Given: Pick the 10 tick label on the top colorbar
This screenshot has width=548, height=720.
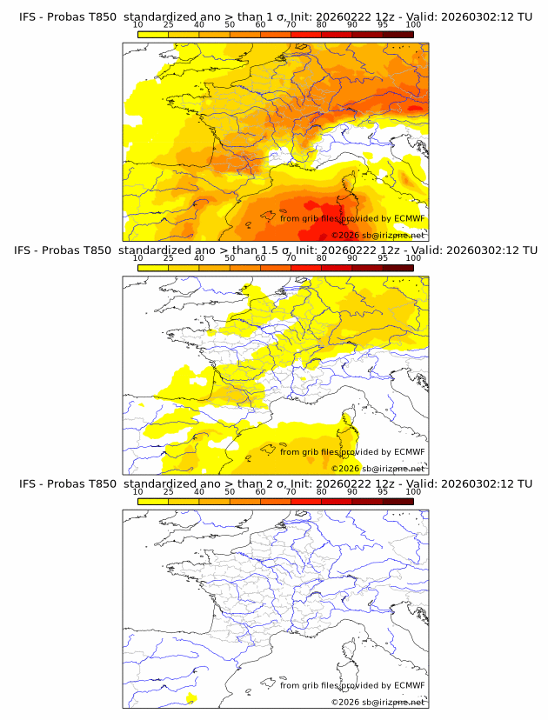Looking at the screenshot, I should tap(137, 25).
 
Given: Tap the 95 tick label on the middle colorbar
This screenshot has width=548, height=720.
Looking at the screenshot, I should tap(383, 258).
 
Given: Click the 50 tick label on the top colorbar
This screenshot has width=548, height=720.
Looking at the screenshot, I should tap(230, 25).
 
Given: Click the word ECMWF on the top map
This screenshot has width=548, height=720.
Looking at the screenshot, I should tap(409, 218).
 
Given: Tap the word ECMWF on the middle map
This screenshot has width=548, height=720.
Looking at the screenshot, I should tap(409, 451).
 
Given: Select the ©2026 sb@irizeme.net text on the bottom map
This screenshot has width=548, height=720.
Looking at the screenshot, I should tap(378, 701).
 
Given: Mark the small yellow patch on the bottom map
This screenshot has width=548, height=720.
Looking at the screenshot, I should tap(190, 697).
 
